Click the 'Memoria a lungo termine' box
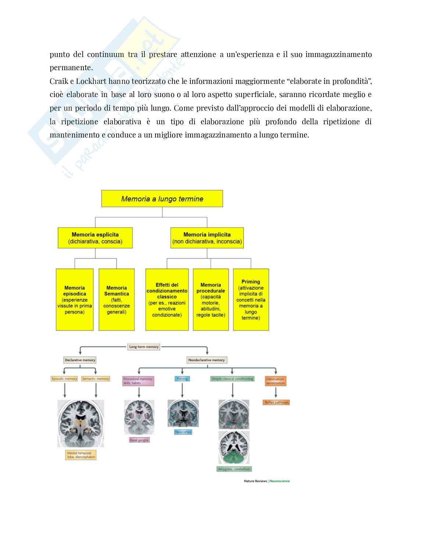(x=162, y=199)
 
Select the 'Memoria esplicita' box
(x=95, y=238)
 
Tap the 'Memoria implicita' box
(x=207, y=238)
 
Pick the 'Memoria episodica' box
(x=75, y=300)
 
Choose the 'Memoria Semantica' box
(x=117, y=300)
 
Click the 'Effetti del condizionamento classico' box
(x=167, y=300)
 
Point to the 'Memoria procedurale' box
(x=211, y=300)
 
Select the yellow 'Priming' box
(x=251, y=300)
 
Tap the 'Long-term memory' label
(x=144, y=347)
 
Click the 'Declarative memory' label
(x=80, y=360)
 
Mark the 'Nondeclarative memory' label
(x=206, y=360)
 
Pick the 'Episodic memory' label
(x=64, y=379)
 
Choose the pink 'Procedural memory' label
(x=138, y=381)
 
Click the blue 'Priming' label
(x=182, y=379)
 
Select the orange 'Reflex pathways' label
(x=277, y=402)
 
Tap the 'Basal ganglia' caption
(x=139, y=440)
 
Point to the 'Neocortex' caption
(x=183, y=432)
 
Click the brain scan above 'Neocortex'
(x=183, y=413)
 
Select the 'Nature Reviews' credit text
(x=255, y=481)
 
